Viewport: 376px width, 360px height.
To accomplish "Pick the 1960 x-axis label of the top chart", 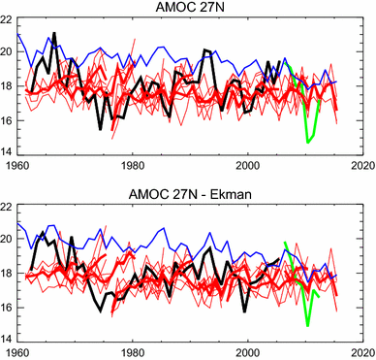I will click(17, 165).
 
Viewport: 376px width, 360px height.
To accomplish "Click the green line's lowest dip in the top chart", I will click(307, 143).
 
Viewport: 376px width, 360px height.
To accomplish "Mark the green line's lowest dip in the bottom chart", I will click(307, 324).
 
